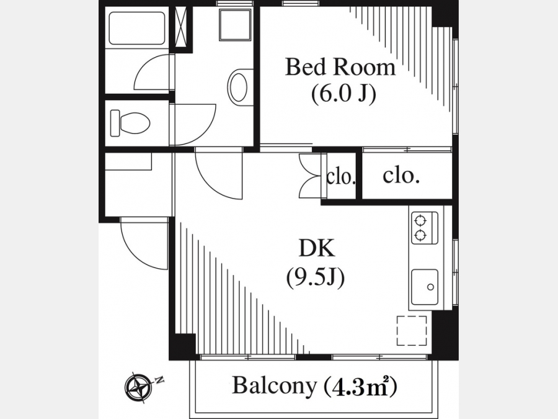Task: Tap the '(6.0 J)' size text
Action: (x=343, y=94)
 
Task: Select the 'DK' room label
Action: (x=316, y=248)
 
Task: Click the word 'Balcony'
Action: (x=274, y=385)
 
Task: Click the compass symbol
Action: (x=139, y=387)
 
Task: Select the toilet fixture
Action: (x=130, y=123)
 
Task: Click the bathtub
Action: (x=136, y=28)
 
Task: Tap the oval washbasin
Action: (x=237, y=88)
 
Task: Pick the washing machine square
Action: (x=235, y=25)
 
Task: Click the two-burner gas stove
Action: (x=424, y=228)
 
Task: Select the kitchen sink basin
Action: (x=424, y=287)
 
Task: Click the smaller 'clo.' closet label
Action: (x=341, y=177)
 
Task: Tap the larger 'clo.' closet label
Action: (x=401, y=176)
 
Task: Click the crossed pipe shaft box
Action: (x=182, y=27)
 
